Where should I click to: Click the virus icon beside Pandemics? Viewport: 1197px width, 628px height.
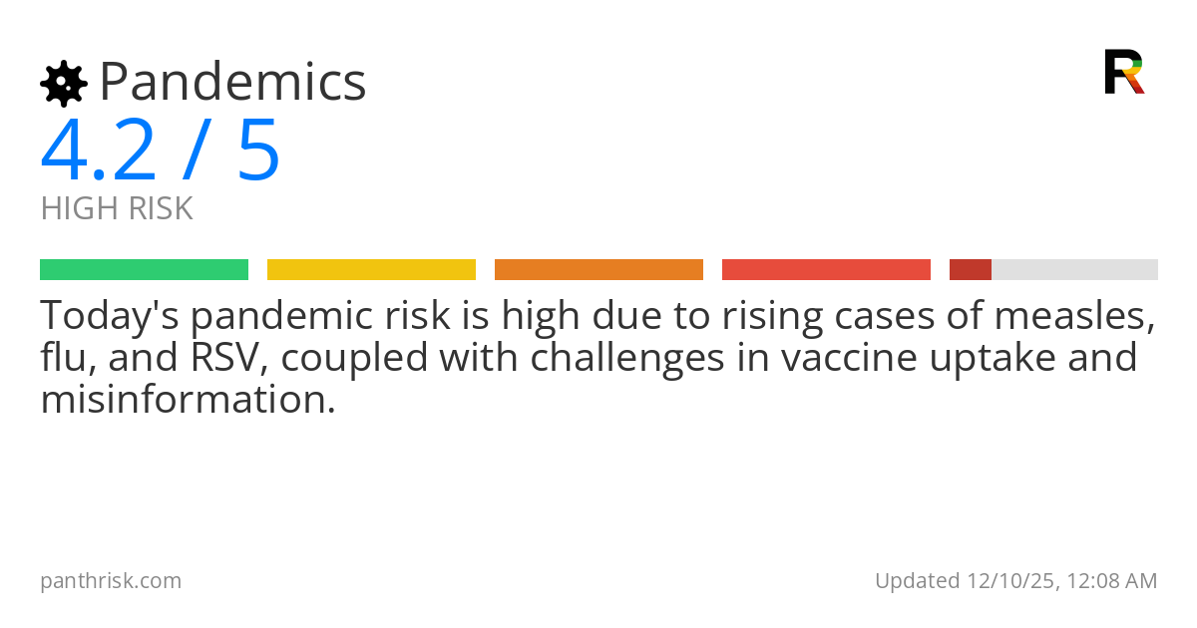point(63,83)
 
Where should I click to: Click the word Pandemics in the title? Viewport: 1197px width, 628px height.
point(232,82)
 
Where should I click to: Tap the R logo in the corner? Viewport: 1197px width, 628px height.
point(1123,72)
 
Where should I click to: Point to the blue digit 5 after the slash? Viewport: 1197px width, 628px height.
point(259,151)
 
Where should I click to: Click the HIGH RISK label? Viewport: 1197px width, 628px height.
point(117,208)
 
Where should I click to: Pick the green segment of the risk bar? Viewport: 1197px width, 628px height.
point(144,269)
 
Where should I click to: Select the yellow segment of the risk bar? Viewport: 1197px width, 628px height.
point(371,269)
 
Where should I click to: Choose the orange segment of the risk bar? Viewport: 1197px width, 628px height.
point(598,269)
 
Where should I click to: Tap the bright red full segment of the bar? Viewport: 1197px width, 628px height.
point(826,269)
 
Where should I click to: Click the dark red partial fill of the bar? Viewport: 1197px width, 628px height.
point(970,269)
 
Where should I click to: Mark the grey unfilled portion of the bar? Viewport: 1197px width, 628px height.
point(1074,269)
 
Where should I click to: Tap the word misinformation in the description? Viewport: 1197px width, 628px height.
point(187,399)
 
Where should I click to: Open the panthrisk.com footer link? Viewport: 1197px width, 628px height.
point(111,580)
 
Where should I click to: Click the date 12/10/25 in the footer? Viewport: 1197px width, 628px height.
point(1007,580)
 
